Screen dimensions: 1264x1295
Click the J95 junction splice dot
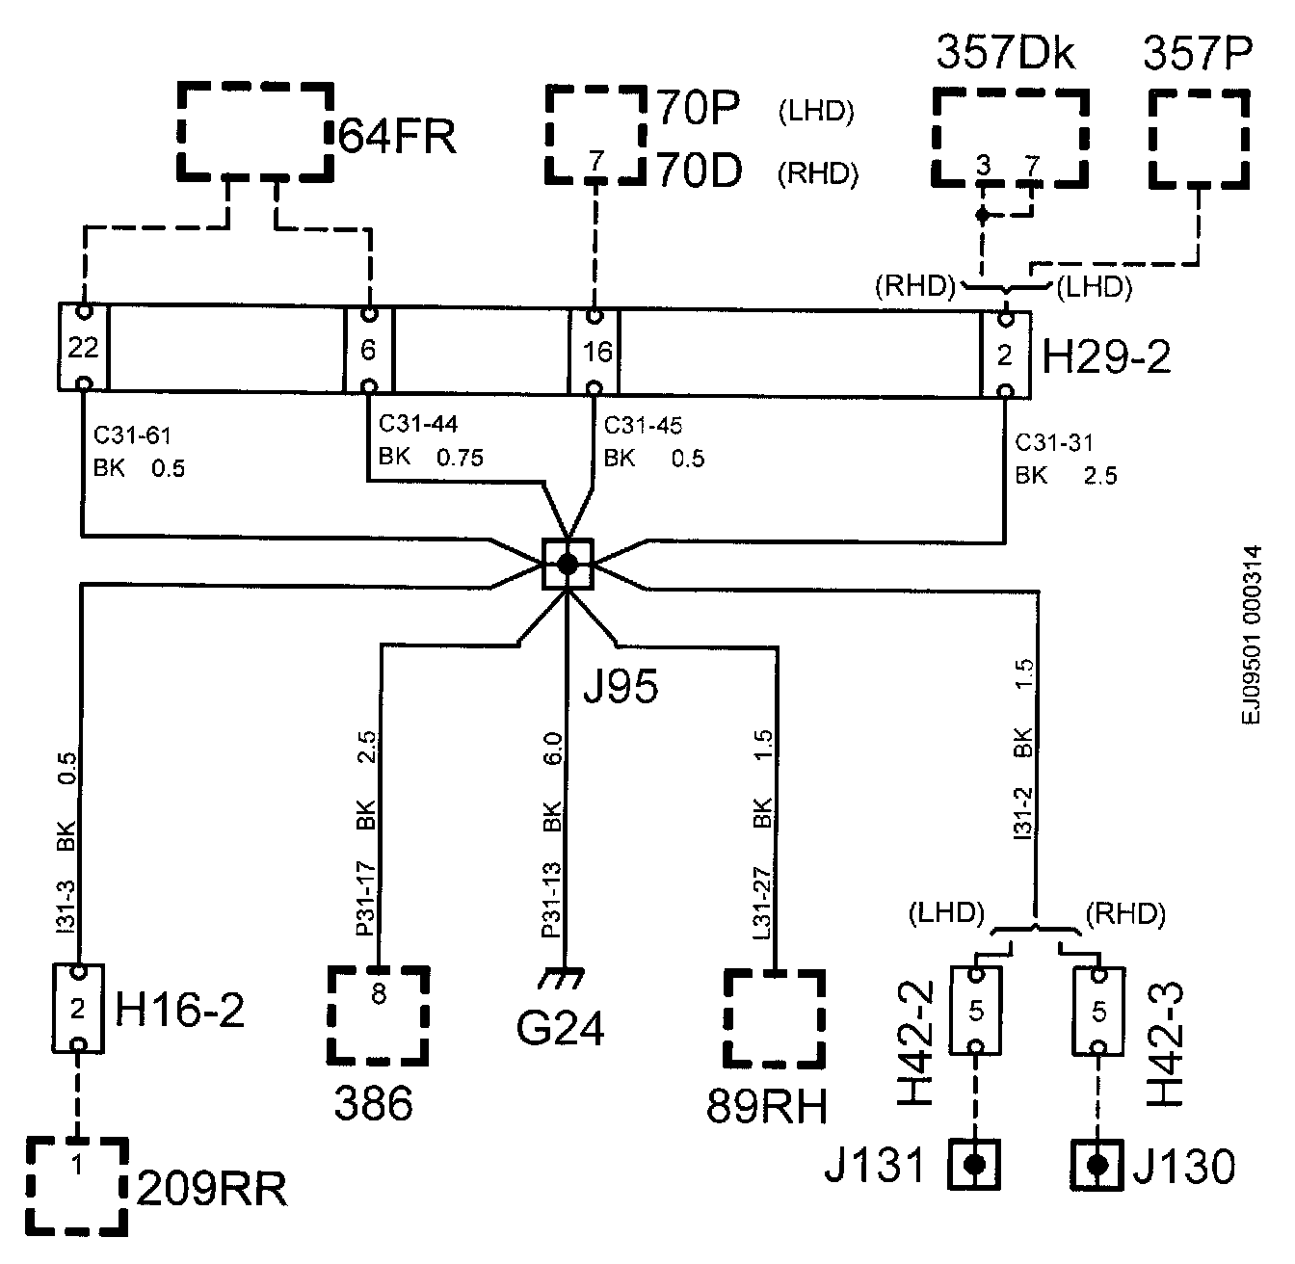[x=568, y=564]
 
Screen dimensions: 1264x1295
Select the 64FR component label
[x=396, y=136]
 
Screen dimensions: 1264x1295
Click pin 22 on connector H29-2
[x=84, y=348]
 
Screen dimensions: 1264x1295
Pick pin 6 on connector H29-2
[x=368, y=350]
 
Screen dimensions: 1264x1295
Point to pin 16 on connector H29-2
[x=596, y=352]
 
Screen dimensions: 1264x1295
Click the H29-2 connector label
[x=1107, y=358]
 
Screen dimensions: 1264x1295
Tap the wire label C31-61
[x=132, y=436]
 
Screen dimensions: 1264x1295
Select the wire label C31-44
[x=418, y=423]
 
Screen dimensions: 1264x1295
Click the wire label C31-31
[x=1055, y=442]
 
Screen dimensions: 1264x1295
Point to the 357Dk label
[x=1005, y=55]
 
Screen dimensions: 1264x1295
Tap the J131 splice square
[x=974, y=1164]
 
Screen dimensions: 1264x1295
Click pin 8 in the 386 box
[x=379, y=993]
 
